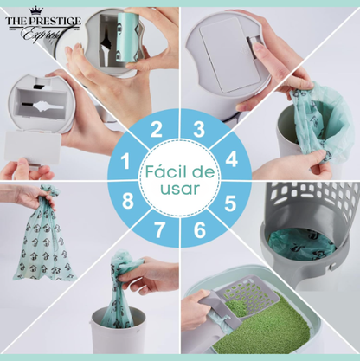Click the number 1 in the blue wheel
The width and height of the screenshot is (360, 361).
click(x=125, y=161)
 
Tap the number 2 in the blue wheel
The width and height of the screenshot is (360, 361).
click(x=157, y=130)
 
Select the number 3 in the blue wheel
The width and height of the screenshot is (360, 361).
click(x=199, y=129)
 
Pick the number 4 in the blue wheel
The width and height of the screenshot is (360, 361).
click(x=232, y=158)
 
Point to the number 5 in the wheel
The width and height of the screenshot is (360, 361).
click(x=230, y=203)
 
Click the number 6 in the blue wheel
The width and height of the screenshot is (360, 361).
click(x=200, y=229)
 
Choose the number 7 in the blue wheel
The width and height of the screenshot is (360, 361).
click(x=159, y=229)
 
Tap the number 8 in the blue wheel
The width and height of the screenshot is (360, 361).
click(x=128, y=201)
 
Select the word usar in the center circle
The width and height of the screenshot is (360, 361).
click(x=180, y=189)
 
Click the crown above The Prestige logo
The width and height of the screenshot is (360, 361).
click(x=36, y=10)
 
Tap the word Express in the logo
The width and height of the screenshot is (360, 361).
click(x=42, y=35)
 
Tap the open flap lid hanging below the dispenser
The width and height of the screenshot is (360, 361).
click(x=32, y=148)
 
